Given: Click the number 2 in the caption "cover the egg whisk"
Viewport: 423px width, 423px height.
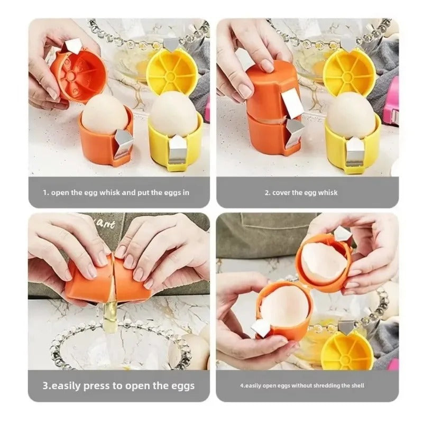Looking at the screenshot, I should (x=267, y=192).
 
